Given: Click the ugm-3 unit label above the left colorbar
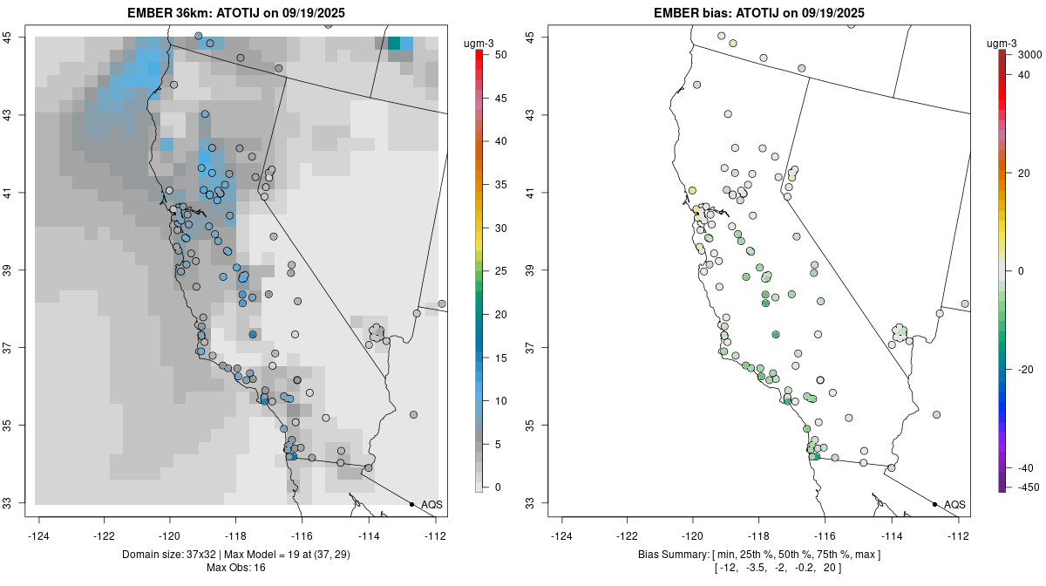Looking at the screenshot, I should (479, 39).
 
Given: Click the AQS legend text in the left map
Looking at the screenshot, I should (431, 504).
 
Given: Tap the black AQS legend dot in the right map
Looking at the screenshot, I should (934, 504).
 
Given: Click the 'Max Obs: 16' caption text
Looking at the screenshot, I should (235, 568).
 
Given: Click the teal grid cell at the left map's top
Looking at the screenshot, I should (394, 43).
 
